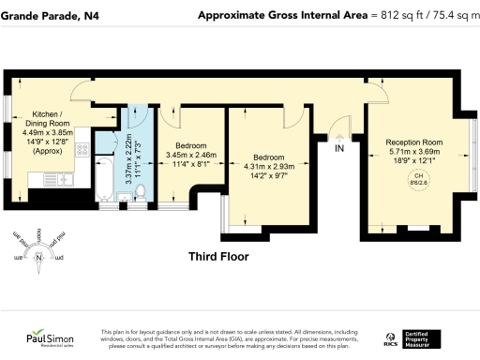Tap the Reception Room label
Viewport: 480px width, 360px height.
(x=413, y=142)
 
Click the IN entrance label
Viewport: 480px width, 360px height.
(x=340, y=148)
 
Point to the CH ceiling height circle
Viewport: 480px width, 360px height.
(x=419, y=180)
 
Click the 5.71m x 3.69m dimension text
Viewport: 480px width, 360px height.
(x=413, y=151)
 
